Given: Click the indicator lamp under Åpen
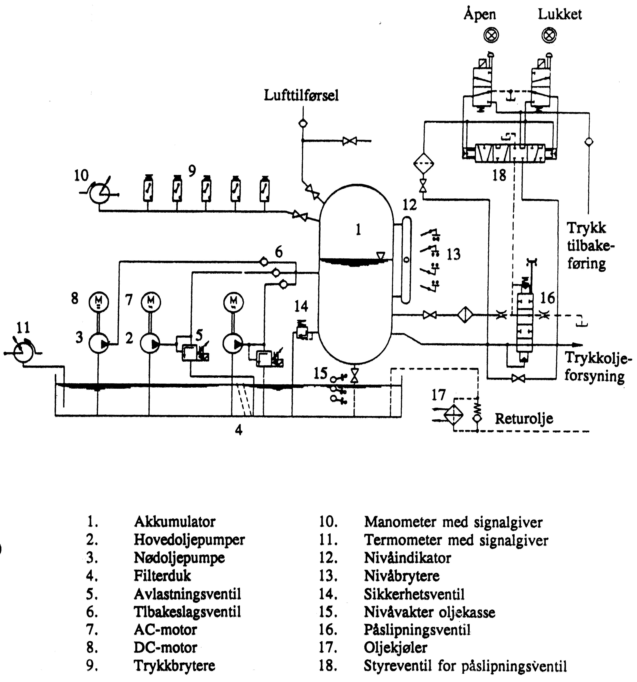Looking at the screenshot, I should tap(491, 35).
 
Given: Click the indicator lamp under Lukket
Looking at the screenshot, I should tap(549, 35).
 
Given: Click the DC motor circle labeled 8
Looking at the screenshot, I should tap(99, 302).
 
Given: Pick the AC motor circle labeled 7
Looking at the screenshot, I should tap(151, 302).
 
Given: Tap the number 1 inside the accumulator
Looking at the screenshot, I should tap(358, 229).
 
